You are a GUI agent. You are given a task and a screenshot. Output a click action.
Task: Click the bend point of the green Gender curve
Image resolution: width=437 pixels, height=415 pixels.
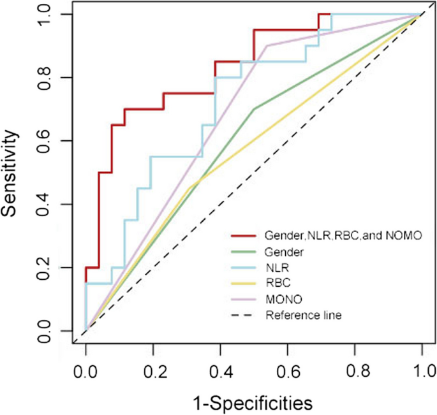click(254, 109)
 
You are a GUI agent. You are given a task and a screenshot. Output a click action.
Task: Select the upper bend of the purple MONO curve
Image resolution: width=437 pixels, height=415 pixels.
click(267, 46)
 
